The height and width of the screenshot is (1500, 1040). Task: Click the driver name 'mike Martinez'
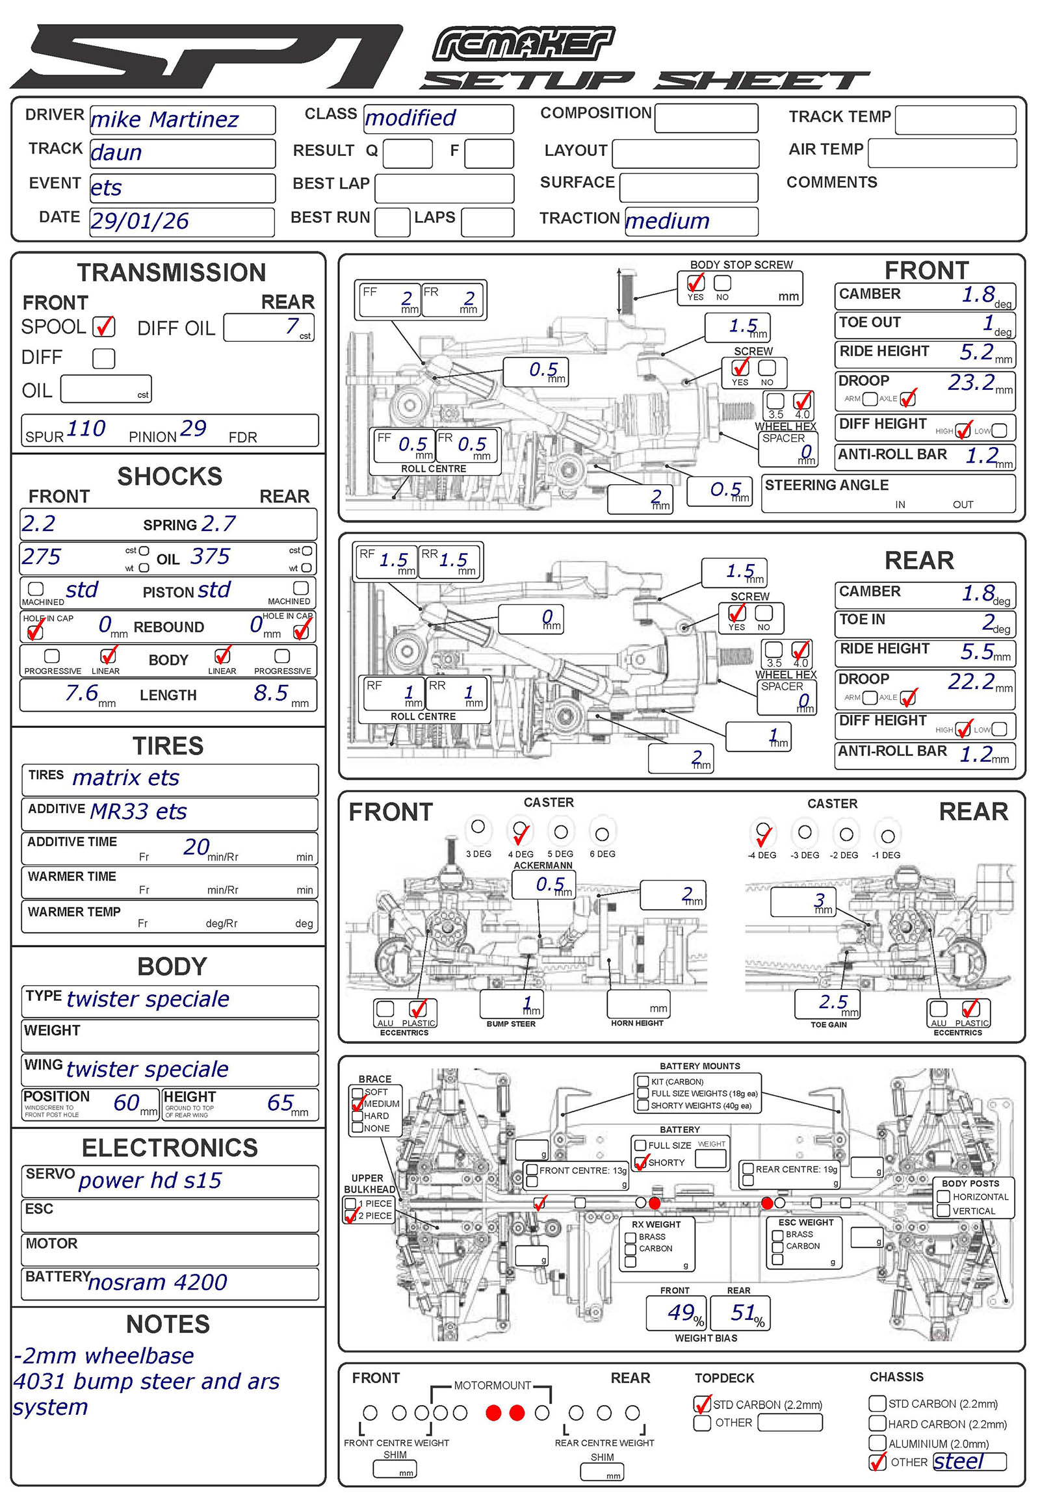(x=165, y=120)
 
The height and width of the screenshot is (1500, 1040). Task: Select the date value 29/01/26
(x=140, y=222)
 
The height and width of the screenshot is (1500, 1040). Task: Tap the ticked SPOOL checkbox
(x=104, y=326)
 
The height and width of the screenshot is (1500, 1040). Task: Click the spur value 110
(x=85, y=429)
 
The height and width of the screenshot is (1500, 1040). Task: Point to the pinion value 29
(x=193, y=429)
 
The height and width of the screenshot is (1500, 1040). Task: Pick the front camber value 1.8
(x=978, y=295)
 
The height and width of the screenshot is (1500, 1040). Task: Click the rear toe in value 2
(x=989, y=621)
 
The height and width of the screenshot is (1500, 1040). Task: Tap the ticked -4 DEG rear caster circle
(x=762, y=831)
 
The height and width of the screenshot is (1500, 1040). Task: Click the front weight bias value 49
(x=681, y=1312)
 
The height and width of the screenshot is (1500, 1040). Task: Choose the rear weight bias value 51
(x=743, y=1312)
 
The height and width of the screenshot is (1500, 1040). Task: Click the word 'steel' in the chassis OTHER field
(x=958, y=1462)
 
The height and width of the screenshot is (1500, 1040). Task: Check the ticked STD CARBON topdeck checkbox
(x=703, y=1404)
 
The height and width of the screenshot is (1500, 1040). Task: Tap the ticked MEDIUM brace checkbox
(x=357, y=1104)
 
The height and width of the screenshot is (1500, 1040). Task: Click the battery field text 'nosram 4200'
(x=158, y=1282)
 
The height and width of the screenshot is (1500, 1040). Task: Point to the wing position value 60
(x=126, y=1102)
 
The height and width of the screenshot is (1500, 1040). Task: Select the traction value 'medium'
(x=668, y=222)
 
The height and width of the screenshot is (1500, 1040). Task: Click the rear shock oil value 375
(x=211, y=556)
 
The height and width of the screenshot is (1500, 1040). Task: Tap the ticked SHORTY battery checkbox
(x=641, y=1162)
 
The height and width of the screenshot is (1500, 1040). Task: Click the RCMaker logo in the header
(x=523, y=44)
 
